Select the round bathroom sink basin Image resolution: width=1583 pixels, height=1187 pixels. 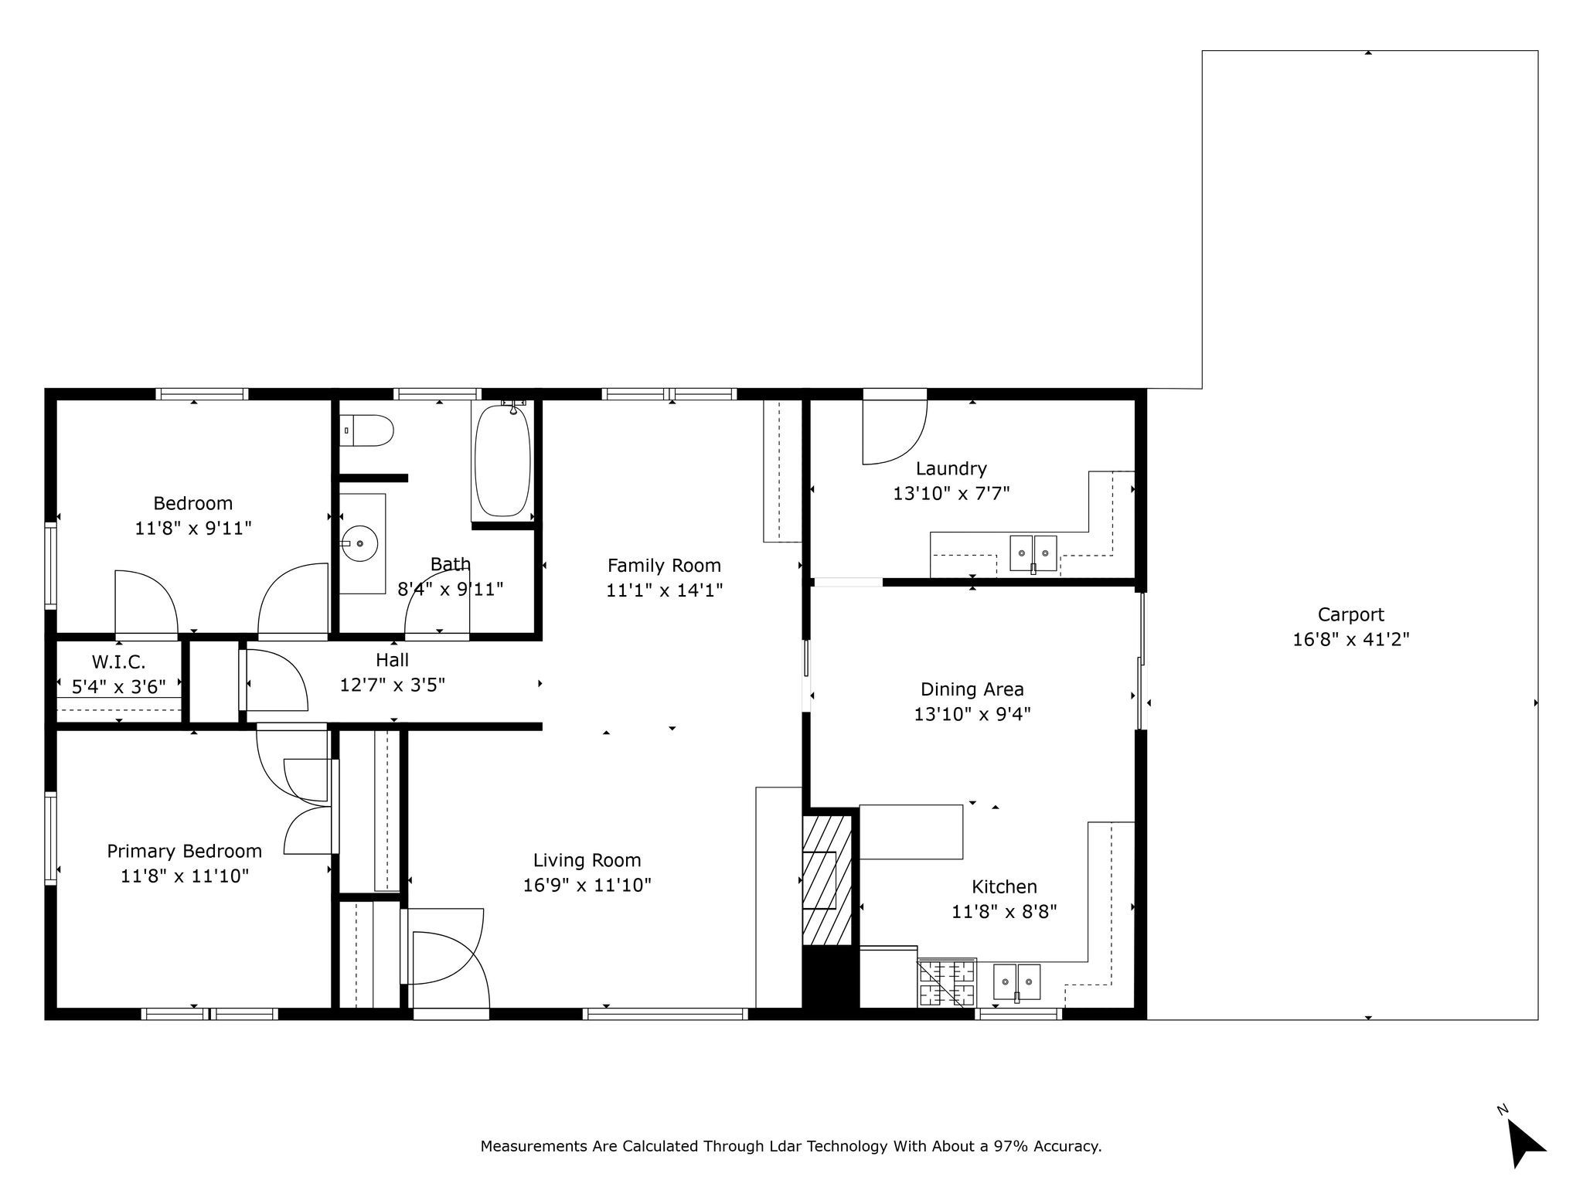359,544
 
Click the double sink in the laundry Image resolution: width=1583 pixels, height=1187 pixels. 1033,553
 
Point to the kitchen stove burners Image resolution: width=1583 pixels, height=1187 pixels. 947,982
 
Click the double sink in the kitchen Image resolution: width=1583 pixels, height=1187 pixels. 1016,982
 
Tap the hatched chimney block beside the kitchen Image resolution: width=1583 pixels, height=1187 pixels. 826,880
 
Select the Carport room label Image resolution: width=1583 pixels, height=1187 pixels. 1350,614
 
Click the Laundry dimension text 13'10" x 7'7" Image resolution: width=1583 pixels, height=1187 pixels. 952,493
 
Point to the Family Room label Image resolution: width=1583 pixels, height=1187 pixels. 664,566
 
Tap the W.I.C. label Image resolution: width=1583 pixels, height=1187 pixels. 118,662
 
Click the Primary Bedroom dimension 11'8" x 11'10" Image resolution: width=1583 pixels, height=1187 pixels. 185,876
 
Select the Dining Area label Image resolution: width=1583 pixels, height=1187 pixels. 972,689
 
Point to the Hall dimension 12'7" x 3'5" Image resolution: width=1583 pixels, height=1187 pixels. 393,685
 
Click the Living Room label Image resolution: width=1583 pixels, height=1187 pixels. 587,860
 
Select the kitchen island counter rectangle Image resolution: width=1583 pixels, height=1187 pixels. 911,832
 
